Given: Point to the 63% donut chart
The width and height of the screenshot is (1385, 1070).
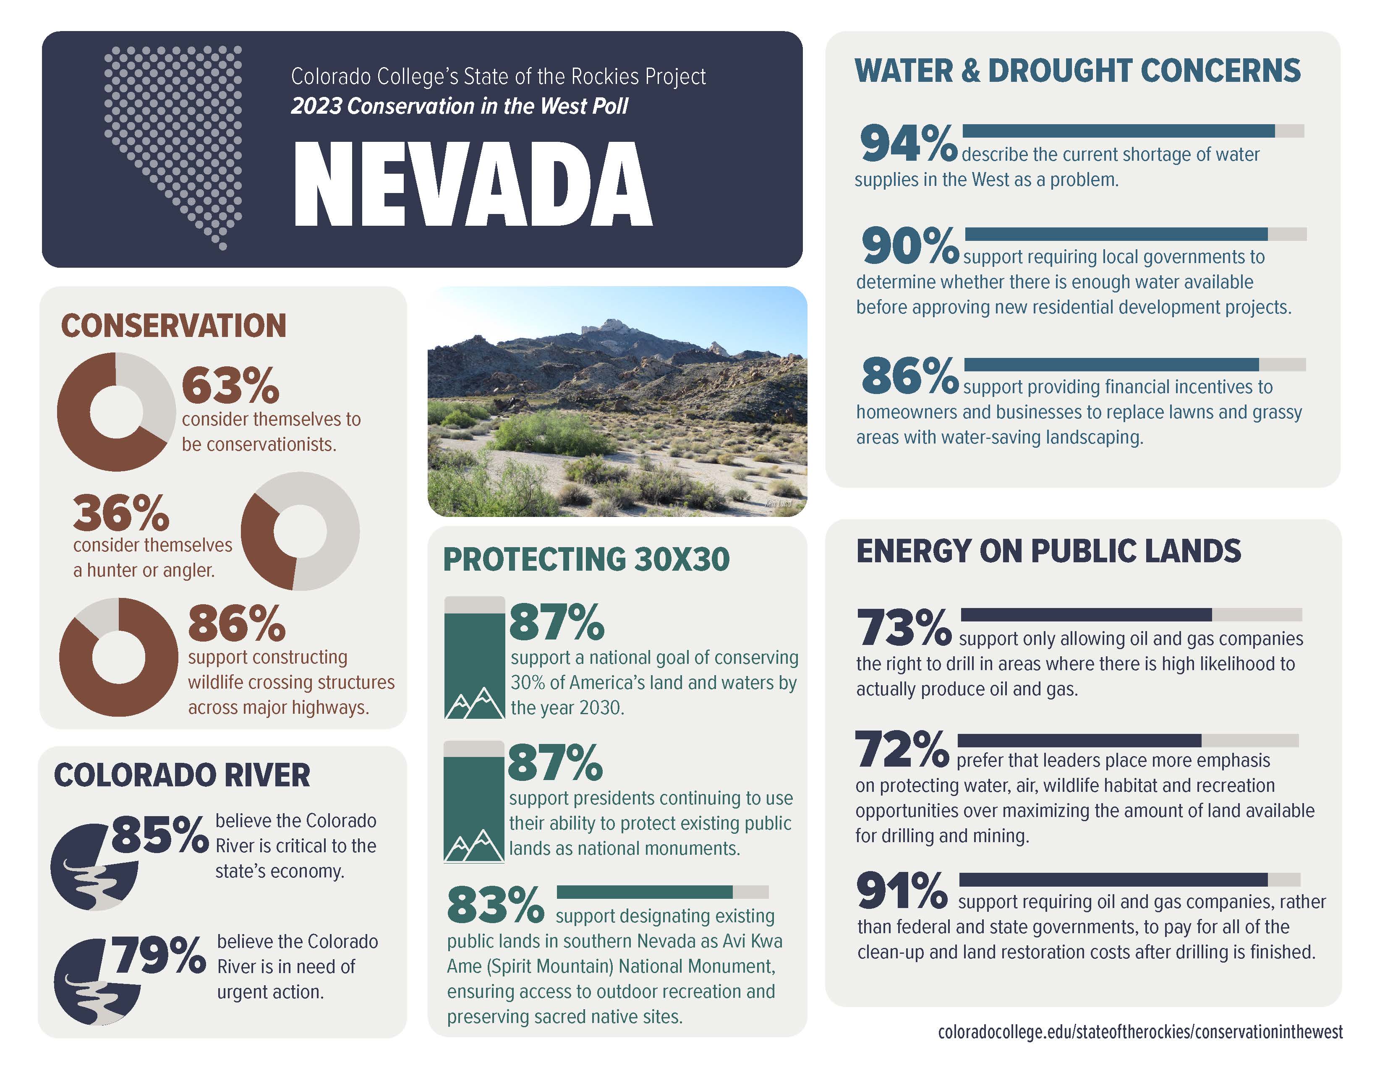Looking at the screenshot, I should click(x=116, y=412).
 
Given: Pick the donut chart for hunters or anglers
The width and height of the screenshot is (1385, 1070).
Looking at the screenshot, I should click(x=300, y=531).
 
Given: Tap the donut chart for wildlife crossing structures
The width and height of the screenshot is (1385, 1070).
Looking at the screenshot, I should click(x=119, y=658).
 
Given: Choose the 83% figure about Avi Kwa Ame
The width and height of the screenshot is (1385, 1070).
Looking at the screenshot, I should click(x=495, y=905).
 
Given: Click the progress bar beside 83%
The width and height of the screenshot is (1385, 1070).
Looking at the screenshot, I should click(x=663, y=893).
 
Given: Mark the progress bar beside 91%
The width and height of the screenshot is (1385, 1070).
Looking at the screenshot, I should click(x=1129, y=880).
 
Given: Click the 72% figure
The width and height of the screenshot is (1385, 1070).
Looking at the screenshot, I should click(x=902, y=749).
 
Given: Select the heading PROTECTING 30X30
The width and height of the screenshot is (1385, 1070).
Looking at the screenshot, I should click(x=586, y=559).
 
